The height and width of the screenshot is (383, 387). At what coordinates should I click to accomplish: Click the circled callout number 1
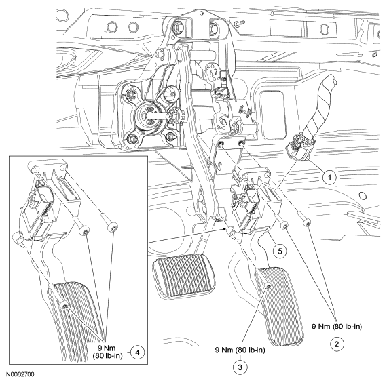[330, 176]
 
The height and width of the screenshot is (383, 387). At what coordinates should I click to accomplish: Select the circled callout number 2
[337, 344]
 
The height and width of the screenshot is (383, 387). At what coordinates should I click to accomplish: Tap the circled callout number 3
[240, 367]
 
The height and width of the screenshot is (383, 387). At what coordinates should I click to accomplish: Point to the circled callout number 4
[137, 352]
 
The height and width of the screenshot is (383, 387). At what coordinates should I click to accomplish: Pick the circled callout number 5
[280, 251]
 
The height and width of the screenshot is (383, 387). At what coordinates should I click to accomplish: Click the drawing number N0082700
[20, 374]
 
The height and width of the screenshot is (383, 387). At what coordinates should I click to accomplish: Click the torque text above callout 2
[337, 326]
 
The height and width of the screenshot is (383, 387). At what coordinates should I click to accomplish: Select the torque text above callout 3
[240, 350]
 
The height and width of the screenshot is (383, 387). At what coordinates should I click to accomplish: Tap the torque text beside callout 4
[107, 352]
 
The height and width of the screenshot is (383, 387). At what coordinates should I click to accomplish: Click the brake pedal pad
[183, 275]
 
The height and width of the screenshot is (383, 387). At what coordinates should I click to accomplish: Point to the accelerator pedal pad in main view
[280, 306]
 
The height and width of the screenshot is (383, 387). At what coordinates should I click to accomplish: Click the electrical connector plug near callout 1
[297, 148]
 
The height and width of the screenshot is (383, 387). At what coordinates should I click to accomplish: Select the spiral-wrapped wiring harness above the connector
[318, 106]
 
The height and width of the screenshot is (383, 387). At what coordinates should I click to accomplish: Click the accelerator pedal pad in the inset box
[71, 321]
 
